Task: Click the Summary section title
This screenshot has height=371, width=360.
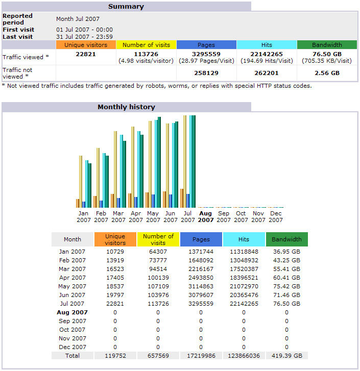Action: click(x=126, y=7)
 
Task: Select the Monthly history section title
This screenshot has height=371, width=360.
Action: click(x=126, y=107)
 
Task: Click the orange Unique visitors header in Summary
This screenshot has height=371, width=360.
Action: click(x=86, y=45)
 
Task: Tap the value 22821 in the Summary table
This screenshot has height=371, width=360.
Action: click(x=86, y=54)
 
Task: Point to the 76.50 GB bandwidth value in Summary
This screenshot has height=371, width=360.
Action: click(x=327, y=54)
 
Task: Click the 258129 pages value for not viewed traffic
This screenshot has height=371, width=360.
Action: click(x=206, y=73)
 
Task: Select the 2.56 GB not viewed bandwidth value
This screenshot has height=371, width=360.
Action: click(x=327, y=73)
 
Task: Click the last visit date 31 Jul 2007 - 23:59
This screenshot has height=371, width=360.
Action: click(x=84, y=37)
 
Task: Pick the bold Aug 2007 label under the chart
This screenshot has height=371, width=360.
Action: click(x=206, y=216)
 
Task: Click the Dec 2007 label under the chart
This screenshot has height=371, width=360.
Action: click(x=276, y=216)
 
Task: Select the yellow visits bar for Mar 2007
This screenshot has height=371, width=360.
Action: click(x=115, y=169)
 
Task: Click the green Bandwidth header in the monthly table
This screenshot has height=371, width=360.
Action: click(x=286, y=239)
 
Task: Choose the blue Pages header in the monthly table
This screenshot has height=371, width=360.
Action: click(x=201, y=239)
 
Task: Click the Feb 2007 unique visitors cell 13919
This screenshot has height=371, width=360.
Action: click(x=115, y=260)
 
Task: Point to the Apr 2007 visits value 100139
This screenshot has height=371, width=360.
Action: click(x=158, y=278)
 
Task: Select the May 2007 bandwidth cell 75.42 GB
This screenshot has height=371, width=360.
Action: click(x=286, y=286)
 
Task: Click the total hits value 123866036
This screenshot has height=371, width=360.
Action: click(x=244, y=356)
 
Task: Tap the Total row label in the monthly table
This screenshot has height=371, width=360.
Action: click(x=73, y=356)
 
